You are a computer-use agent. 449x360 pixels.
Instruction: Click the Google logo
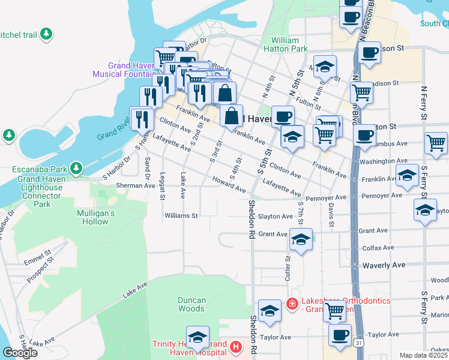point(20,352)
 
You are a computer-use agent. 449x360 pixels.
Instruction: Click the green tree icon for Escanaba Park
point(76,167)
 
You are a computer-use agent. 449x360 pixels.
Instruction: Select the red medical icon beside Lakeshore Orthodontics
point(292,304)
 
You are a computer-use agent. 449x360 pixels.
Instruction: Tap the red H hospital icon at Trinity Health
point(236,347)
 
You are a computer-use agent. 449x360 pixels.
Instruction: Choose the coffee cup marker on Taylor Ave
point(340,335)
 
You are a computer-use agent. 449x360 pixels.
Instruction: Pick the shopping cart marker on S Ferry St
point(436,143)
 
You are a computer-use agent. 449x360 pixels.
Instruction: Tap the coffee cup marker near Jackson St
point(369,52)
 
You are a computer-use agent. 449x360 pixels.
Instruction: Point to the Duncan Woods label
point(191,304)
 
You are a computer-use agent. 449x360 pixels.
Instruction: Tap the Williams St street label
point(181,215)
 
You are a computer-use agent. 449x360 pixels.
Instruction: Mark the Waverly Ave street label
point(384,265)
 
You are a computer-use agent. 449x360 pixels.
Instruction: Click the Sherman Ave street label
point(136,186)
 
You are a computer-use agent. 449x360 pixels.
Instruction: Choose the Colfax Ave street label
point(378,247)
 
